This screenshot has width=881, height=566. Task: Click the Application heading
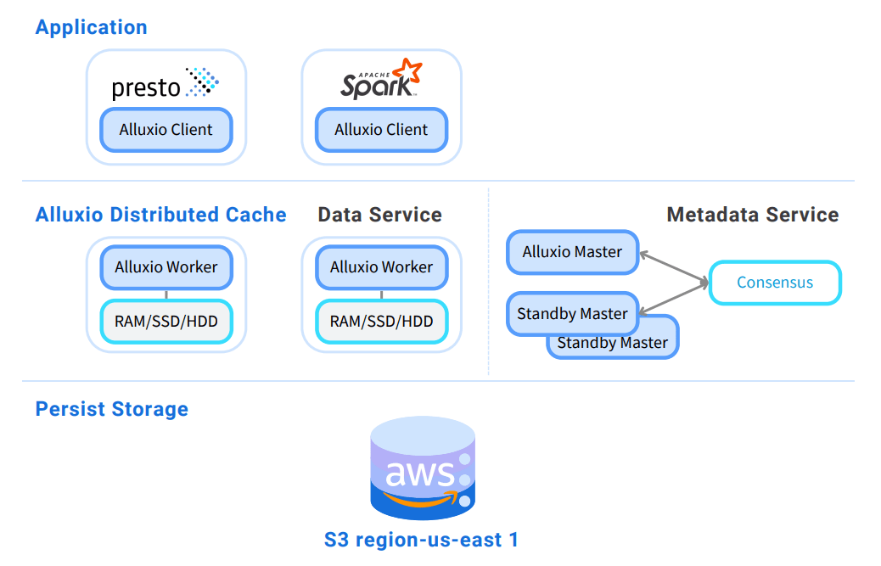tap(91, 27)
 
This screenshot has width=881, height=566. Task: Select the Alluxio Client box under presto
tap(166, 130)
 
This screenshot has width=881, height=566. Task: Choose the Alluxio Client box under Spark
tap(381, 130)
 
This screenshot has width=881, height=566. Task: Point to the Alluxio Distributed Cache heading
tap(160, 215)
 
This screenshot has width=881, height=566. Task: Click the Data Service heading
tap(379, 215)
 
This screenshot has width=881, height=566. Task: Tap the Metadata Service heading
tap(752, 215)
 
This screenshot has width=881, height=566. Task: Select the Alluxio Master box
tap(572, 252)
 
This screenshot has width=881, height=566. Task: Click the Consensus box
tap(774, 283)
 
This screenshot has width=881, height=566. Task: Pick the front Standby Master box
tap(572, 314)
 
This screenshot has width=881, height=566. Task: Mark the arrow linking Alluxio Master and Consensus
tap(674, 267)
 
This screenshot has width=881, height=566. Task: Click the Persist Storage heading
tap(111, 409)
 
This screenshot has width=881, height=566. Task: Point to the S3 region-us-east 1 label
tap(421, 539)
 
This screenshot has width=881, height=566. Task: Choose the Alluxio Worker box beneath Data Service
tap(381, 267)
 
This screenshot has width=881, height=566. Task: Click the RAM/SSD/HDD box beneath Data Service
tap(381, 322)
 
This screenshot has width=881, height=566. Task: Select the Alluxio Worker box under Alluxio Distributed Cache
tap(166, 267)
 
